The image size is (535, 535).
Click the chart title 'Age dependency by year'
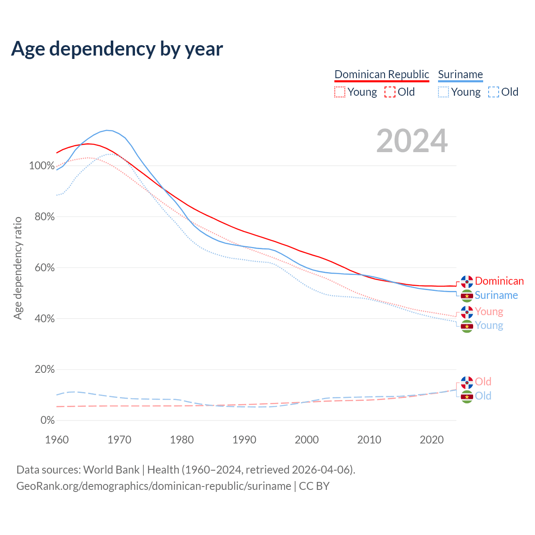coord(117,49)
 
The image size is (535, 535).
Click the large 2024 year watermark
coord(412,141)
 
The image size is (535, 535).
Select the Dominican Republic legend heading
coord(382,74)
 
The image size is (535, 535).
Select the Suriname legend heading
coord(460,74)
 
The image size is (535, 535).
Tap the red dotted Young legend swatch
coord(340,92)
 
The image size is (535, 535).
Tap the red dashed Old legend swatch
coord(390,92)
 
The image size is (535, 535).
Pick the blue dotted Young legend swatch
coord(443,92)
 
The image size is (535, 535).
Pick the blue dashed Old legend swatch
coord(494,92)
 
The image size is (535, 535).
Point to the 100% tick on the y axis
coord(42,166)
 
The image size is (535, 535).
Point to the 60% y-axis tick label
coord(44,267)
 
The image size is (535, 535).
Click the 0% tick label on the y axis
coord(47,420)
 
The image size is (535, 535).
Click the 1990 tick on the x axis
coord(245,440)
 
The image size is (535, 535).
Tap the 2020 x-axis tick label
coord(432,440)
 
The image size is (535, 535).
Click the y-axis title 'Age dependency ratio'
coord(18,268)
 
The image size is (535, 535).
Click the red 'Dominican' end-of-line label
coord(499,281)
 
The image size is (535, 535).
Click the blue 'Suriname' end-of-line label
coord(496,296)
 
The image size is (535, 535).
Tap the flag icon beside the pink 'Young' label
coord(467,312)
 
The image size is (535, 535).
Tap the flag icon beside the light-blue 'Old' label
coord(467,396)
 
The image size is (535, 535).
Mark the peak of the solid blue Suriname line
coord(107,130)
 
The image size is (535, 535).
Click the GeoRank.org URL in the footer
coord(154,486)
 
